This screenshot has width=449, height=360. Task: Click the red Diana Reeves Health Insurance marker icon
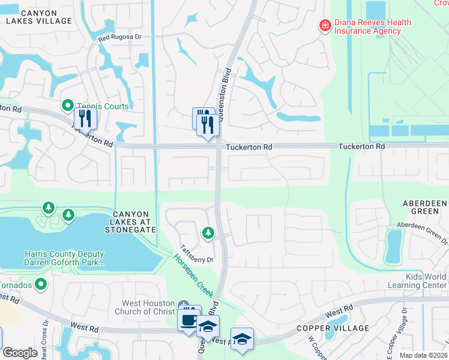coord(325,26)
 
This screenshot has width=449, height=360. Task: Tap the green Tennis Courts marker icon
coord(68,106)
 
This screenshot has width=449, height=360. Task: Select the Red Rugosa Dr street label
coord(120,37)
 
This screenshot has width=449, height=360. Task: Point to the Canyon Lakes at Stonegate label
coord(134,221)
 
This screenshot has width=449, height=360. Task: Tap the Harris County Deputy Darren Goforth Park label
coord(64,259)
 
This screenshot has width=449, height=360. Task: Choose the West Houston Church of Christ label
coord(147,307)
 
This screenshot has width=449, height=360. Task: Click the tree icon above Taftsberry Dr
coord(208,232)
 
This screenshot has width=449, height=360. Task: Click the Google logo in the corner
coord(20,353)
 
